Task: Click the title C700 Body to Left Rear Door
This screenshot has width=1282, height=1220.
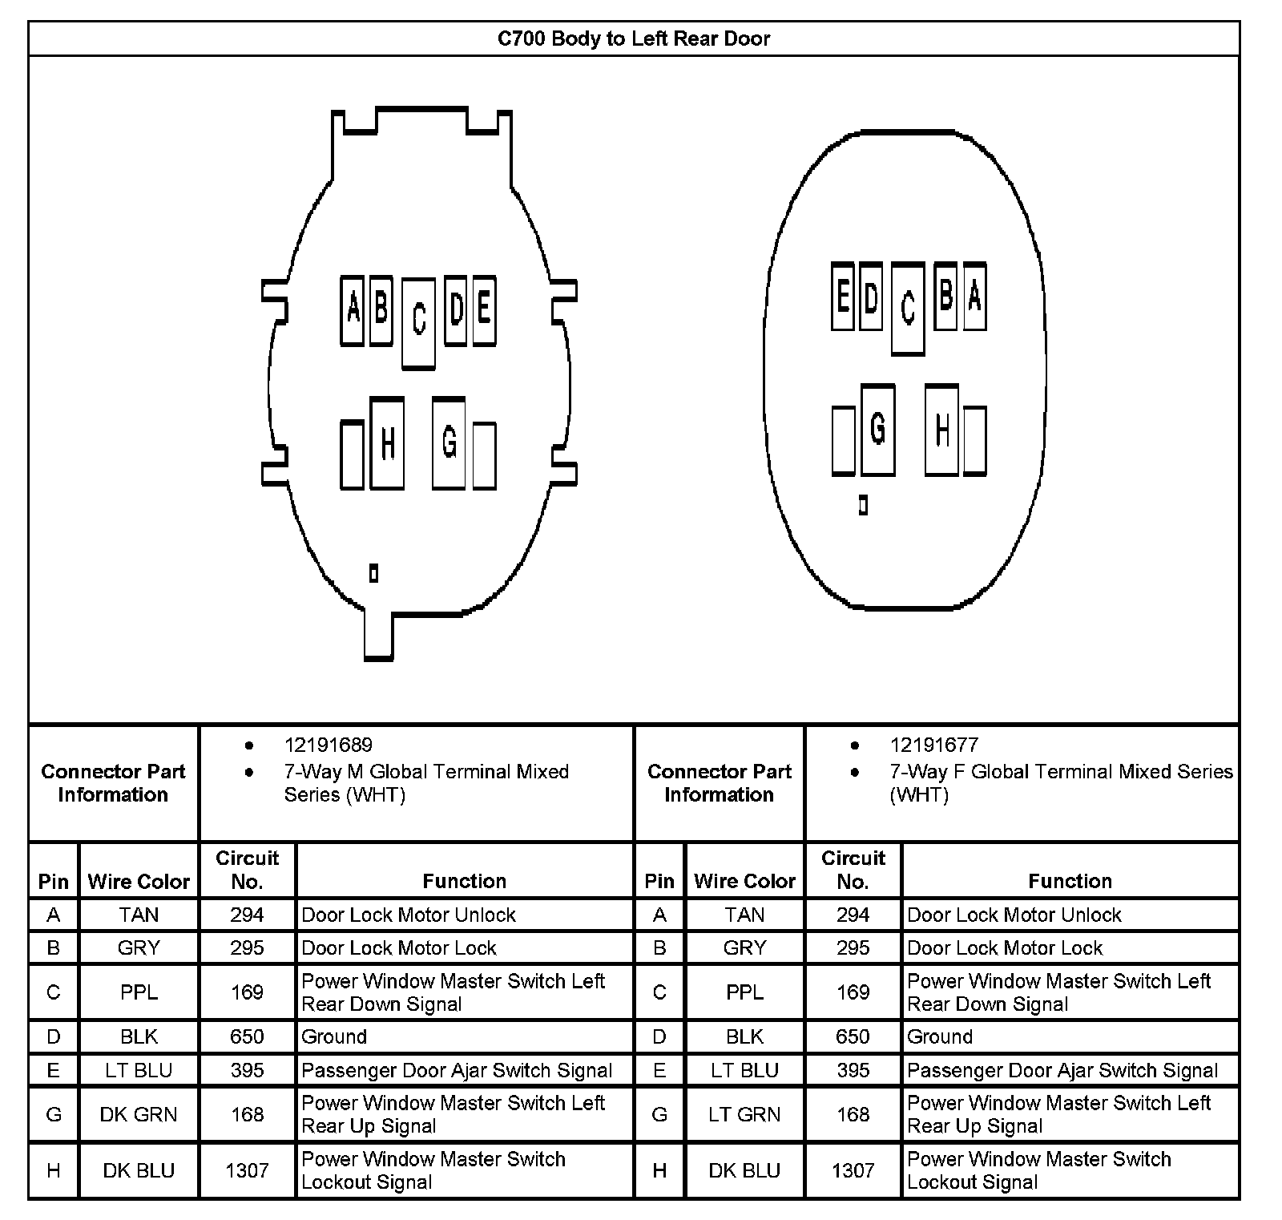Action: (633, 38)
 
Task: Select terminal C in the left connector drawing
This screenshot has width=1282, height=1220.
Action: (418, 323)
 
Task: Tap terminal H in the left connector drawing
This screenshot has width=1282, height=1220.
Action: (387, 442)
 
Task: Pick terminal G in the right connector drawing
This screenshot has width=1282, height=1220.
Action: (877, 429)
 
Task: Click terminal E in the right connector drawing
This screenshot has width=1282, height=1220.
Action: (842, 296)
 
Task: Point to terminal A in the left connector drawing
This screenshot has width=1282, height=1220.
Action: (353, 310)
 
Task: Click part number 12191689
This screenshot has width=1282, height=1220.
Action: (328, 745)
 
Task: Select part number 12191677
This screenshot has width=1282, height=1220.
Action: (933, 745)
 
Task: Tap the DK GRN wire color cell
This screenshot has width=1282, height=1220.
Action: (139, 1114)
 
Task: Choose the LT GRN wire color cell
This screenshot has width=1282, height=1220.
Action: (744, 1114)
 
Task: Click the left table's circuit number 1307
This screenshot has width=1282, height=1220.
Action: (247, 1170)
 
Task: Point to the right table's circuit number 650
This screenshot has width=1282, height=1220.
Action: (853, 1036)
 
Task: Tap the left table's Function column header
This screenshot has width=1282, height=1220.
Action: (464, 881)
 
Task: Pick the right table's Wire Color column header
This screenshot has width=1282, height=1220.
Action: (744, 881)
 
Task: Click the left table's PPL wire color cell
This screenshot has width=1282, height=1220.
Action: (139, 992)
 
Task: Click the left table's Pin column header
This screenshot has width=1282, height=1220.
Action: (54, 881)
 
